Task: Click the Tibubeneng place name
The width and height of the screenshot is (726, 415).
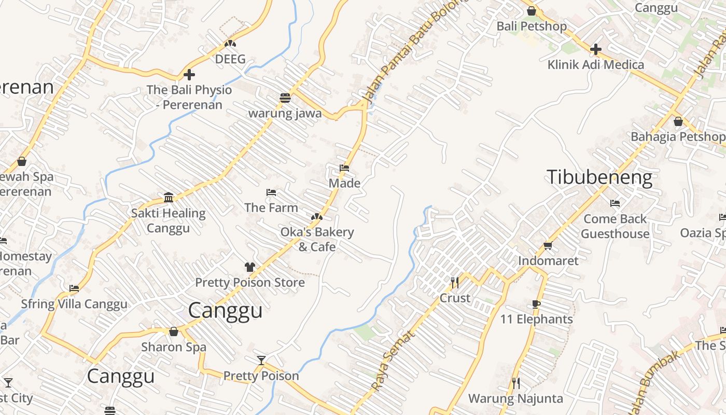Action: tap(599, 177)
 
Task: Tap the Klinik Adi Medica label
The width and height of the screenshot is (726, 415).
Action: tap(596, 65)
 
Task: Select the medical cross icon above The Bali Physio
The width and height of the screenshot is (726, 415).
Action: tap(189, 75)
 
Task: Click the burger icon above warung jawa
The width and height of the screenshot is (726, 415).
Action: tap(285, 98)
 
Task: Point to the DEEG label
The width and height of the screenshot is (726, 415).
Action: tap(230, 59)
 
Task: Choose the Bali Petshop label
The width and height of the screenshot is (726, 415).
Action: tap(532, 26)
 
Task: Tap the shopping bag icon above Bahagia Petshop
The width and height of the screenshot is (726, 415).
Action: tap(678, 121)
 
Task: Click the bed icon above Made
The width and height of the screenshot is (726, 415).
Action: tap(344, 168)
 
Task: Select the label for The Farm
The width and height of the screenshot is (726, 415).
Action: tap(271, 208)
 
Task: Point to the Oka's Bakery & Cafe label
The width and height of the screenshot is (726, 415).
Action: tap(317, 239)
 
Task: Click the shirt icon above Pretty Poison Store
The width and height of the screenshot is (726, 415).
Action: tap(250, 267)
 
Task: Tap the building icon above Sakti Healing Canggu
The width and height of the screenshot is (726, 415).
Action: tap(169, 198)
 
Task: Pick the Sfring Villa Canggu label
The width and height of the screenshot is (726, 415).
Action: tap(74, 304)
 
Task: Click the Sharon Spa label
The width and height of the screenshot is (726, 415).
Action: tap(174, 347)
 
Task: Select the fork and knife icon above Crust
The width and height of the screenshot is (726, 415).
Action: tap(455, 283)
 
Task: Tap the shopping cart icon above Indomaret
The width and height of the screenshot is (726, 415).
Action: tap(548, 245)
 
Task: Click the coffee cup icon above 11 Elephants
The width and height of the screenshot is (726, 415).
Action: tap(537, 304)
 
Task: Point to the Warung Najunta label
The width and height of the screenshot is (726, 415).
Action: tap(515, 398)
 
